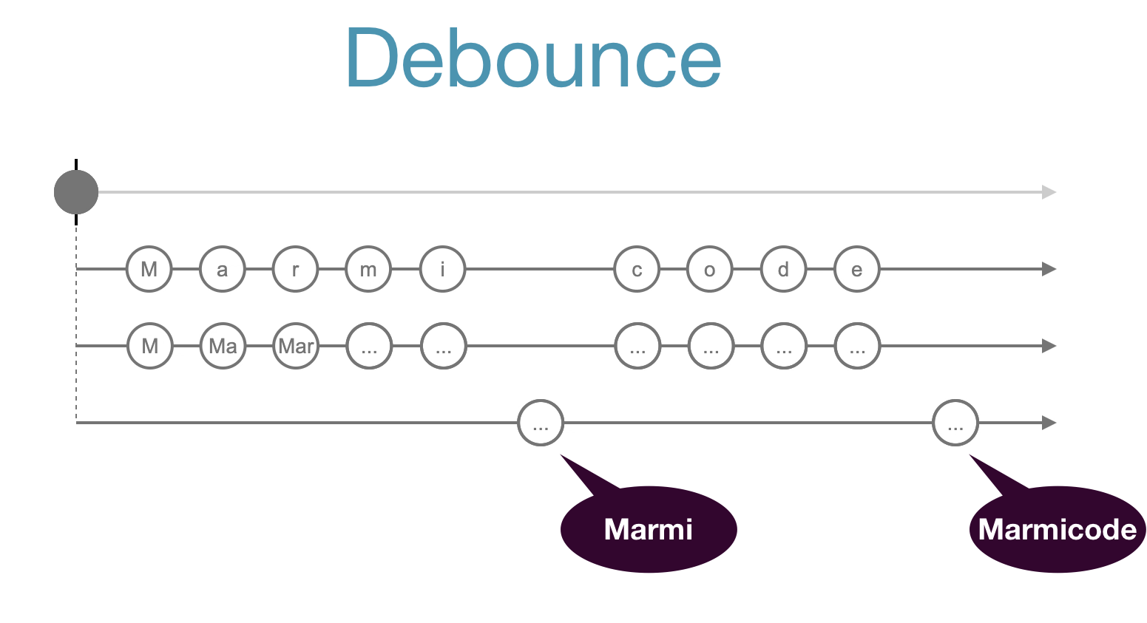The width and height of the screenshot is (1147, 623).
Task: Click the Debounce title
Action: pyautogui.click(x=532, y=59)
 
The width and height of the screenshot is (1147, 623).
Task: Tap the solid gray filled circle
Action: pyautogui.click(x=76, y=192)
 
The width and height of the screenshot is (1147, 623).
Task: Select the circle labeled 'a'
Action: pyautogui.click(x=222, y=270)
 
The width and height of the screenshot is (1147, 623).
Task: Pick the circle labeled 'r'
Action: pyautogui.click(x=295, y=270)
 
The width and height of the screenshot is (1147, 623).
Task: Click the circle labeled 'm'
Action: pyautogui.click(x=368, y=270)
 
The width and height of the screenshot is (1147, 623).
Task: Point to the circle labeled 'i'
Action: pyautogui.click(x=442, y=270)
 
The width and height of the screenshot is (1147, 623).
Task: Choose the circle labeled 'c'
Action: pyautogui.click(x=636, y=270)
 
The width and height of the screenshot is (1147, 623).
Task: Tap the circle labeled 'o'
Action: pyautogui.click(x=709, y=270)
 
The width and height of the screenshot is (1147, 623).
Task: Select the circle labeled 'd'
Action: pyautogui.click(x=783, y=270)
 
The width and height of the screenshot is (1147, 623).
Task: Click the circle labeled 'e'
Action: pyautogui.click(x=856, y=270)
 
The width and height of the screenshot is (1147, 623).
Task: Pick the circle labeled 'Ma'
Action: pyautogui.click(x=223, y=346)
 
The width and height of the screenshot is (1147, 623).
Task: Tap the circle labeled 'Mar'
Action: pyautogui.click(x=296, y=346)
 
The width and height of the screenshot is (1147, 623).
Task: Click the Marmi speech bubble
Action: pyautogui.click(x=649, y=529)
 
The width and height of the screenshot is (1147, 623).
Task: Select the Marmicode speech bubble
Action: pyautogui.click(x=1057, y=529)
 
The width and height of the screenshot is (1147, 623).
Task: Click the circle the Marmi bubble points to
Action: pyautogui.click(x=541, y=423)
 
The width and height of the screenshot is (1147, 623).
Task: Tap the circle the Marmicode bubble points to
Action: pyautogui.click(x=955, y=423)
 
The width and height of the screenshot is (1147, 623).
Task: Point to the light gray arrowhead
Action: pyautogui.click(x=1049, y=192)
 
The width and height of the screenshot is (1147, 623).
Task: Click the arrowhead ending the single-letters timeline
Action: pyautogui.click(x=1049, y=270)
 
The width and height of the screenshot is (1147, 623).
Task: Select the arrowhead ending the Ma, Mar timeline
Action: pyautogui.click(x=1049, y=346)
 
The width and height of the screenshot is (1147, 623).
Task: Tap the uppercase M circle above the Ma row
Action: pyautogui.click(x=149, y=270)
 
